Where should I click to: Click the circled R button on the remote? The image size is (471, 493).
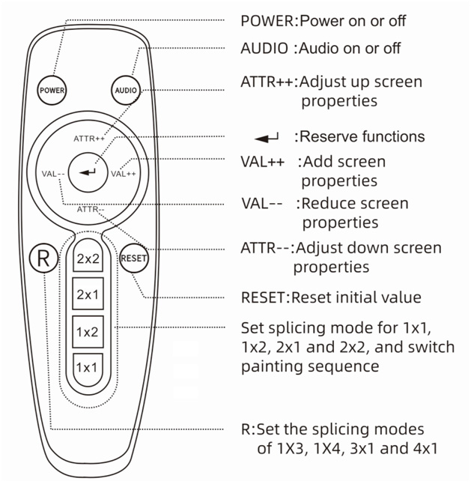click(x=43, y=258)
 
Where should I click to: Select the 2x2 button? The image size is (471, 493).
click(x=88, y=259)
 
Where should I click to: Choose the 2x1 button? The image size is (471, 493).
click(x=88, y=294)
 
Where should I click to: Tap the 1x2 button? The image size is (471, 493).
click(x=88, y=331)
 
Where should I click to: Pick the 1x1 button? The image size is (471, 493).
click(x=88, y=367)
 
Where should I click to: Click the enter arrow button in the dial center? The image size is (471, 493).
click(x=88, y=173)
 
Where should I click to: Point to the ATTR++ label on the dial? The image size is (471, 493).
click(x=89, y=139)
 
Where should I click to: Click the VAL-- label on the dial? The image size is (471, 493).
click(x=54, y=174)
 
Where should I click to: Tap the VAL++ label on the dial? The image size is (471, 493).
click(x=124, y=174)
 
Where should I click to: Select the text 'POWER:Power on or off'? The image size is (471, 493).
click(x=324, y=20)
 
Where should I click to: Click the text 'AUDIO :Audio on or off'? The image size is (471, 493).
click(x=320, y=49)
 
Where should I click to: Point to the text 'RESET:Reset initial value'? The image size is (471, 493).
click(x=330, y=297)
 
